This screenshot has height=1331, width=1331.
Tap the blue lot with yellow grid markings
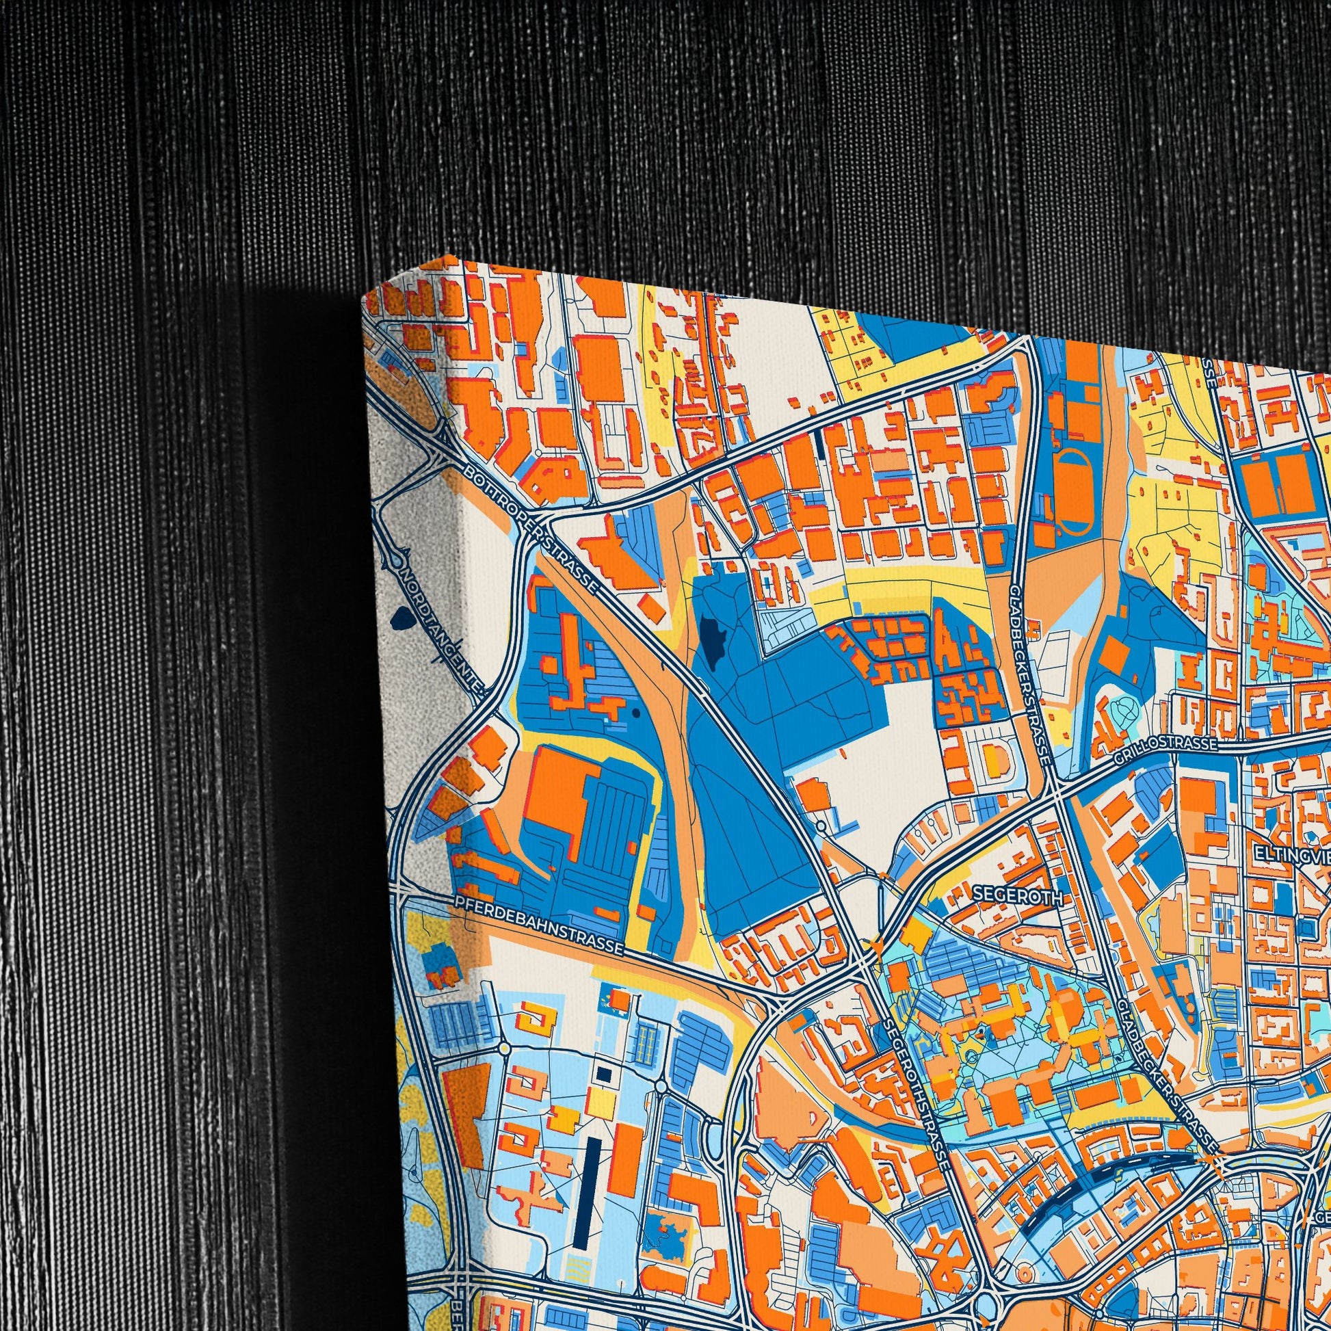646,1040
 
